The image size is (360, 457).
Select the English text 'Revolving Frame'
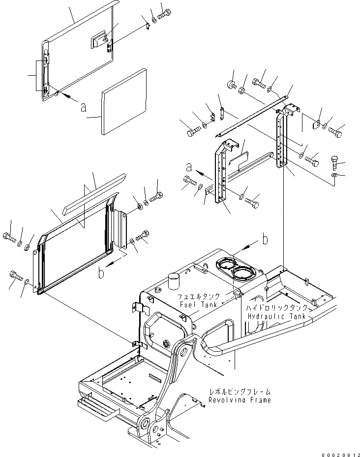coord(239,400)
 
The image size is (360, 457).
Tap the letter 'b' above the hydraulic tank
coord(265,240)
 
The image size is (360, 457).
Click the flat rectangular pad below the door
coord(124,102)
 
